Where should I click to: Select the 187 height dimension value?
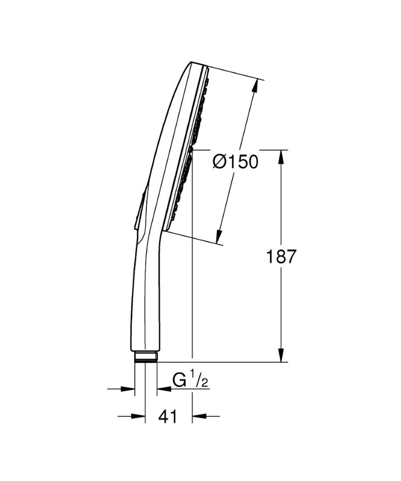pos(281,256)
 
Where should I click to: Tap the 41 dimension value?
pos(168,416)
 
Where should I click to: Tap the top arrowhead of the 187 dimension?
pos(281,157)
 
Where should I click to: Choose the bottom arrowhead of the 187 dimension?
pos(281,355)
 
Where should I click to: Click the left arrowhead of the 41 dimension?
pos(139,416)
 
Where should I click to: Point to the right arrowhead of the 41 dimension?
pos(197,416)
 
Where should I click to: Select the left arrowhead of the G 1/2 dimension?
pos(129,389)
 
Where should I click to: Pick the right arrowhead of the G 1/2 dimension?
pos(162,389)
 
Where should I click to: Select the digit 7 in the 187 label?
pos(291,256)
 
